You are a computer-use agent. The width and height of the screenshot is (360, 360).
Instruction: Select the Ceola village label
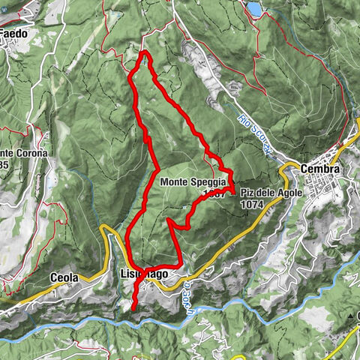click(64, 277)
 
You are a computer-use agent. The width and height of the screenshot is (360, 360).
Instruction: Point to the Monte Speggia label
click(190, 181)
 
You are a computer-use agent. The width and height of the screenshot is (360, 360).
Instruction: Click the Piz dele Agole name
click(265, 192)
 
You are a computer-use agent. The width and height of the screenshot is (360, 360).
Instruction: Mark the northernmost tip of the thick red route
click(144, 53)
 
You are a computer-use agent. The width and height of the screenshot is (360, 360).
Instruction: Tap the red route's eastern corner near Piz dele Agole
click(235, 193)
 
